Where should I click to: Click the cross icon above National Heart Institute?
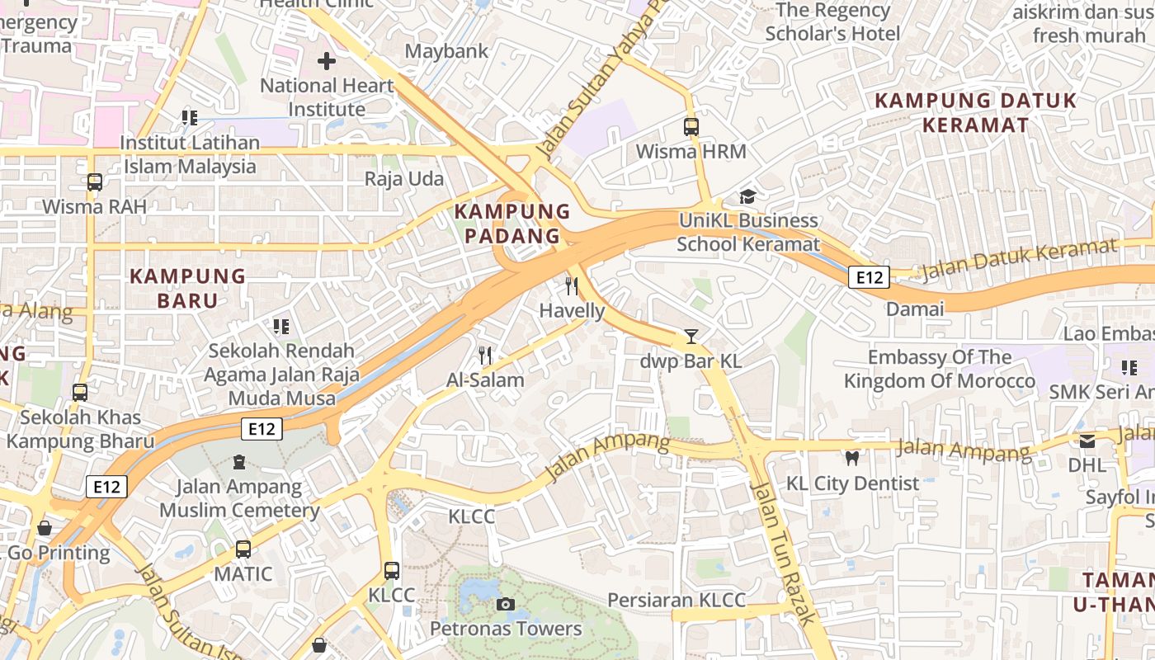click(x=327, y=61)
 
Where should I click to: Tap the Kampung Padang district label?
click(x=512, y=224)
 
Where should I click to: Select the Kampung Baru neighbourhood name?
click(x=188, y=288)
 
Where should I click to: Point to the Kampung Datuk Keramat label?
click(x=975, y=113)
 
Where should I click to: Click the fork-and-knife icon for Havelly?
click(x=571, y=286)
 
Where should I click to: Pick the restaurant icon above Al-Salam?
click(x=485, y=356)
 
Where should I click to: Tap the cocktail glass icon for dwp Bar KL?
click(x=691, y=337)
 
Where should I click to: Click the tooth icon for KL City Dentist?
click(x=852, y=458)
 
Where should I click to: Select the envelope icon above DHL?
click(x=1087, y=441)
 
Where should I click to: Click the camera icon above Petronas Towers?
click(x=506, y=605)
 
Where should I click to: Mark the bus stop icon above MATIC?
click(x=243, y=549)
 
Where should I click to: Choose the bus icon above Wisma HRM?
click(x=691, y=127)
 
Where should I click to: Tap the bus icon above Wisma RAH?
click(x=95, y=181)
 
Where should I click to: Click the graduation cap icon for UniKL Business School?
click(x=747, y=196)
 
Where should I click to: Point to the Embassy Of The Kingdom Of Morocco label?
click(x=939, y=369)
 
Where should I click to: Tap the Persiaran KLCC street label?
click(x=676, y=600)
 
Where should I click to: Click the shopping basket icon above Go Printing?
click(x=45, y=528)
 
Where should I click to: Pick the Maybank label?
click(x=446, y=51)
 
